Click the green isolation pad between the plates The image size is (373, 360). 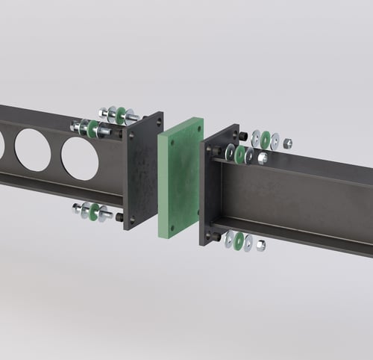coord(179,178)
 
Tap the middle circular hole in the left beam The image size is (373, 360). coord(33,150)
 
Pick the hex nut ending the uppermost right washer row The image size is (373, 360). coord(288,143)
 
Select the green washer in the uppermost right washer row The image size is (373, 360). coord(266,139)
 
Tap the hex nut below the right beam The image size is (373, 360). coord(261,246)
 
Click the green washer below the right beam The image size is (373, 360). coord(239,240)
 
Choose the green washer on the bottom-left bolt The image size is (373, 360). coord(95,212)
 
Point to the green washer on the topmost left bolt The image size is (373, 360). coord(120,115)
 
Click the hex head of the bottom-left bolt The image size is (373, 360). coord(76,209)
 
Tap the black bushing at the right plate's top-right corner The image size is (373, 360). coord(242,135)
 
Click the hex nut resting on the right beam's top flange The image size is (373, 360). coord(262,158)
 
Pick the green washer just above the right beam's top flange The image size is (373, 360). coord(240,155)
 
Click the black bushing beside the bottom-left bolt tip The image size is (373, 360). coord(119,217)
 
